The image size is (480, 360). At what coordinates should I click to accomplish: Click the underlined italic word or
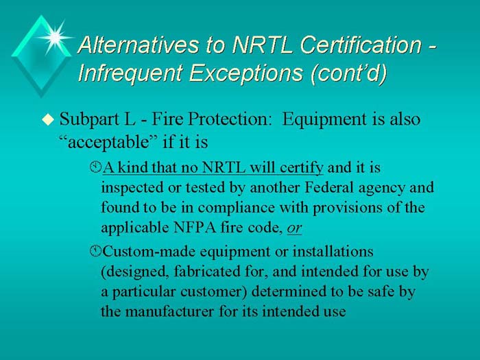[304, 227]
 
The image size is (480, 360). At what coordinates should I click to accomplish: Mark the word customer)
[207, 291]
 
